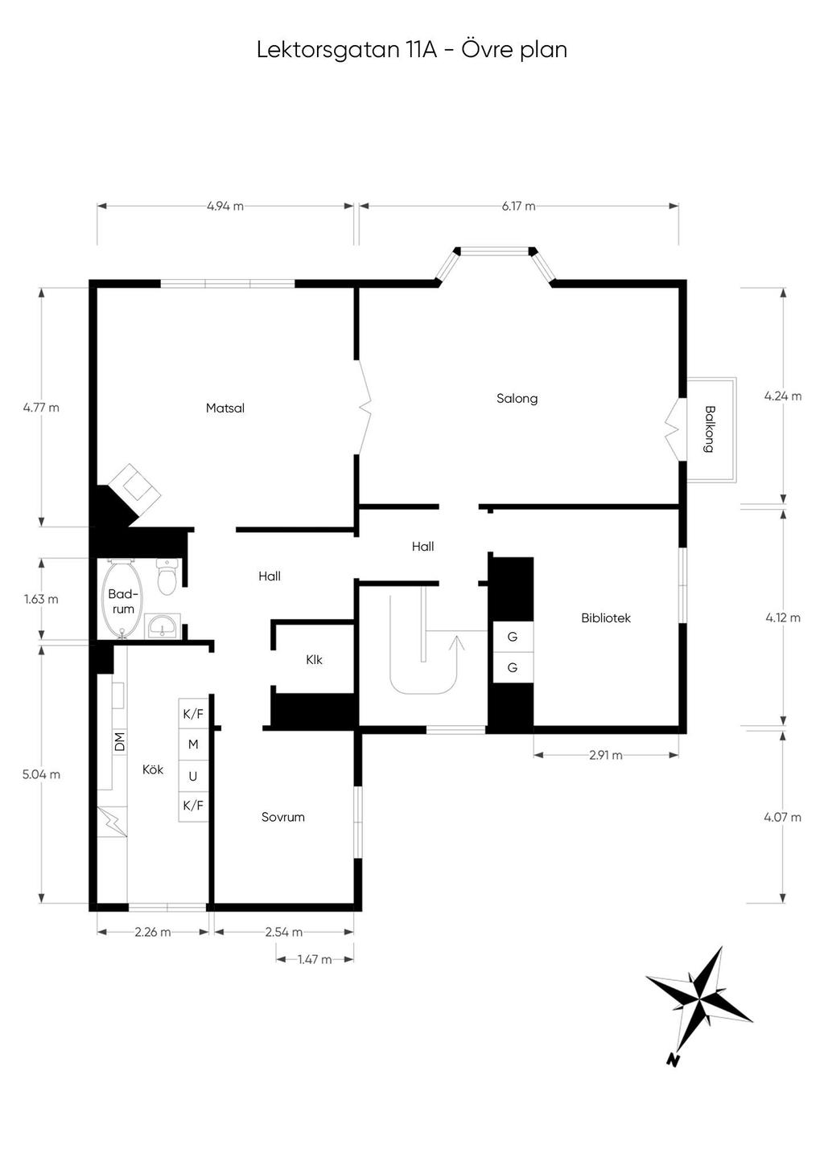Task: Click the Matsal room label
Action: tap(225, 408)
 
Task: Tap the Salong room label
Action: tap(517, 398)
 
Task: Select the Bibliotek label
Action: tap(606, 617)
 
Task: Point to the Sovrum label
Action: tap(283, 817)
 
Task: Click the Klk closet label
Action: tap(314, 659)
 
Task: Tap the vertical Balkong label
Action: tap(709, 429)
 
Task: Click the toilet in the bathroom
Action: tap(167, 578)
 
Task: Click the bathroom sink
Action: tap(163, 626)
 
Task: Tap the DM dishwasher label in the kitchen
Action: tap(120, 740)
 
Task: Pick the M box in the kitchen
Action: tap(193, 745)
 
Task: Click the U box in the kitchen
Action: tap(193, 776)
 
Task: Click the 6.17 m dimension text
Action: tap(518, 206)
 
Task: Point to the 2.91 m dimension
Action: tap(605, 755)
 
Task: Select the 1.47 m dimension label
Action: tap(315, 959)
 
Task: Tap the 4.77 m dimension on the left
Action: tap(41, 407)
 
